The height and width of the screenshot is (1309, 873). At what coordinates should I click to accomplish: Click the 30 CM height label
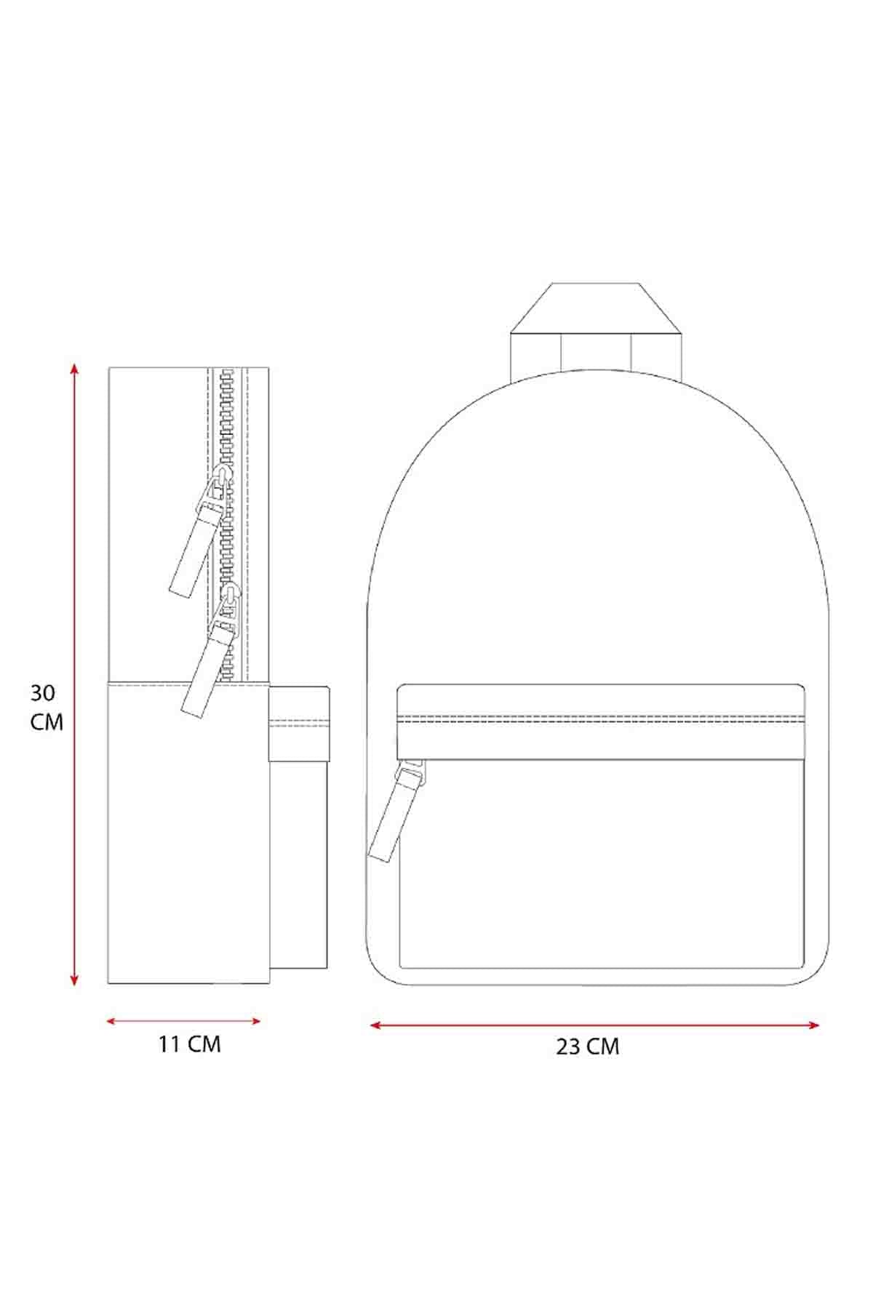pyautogui.click(x=47, y=708)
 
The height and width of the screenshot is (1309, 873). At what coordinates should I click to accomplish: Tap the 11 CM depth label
pyautogui.click(x=189, y=1044)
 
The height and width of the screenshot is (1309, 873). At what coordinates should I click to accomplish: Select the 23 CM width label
pyautogui.click(x=588, y=1046)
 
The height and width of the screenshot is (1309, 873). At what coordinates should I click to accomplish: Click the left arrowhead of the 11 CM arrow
pyautogui.click(x=111, y=1021)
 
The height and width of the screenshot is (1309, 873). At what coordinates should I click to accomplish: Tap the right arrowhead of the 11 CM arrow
pyautogui.click(x=256, y=1021)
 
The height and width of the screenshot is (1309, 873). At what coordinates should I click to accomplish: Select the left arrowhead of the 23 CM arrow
pyautogui.click(x=375, y=1025)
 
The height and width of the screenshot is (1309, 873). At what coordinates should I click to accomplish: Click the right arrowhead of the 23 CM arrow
pyautogui.click(x=814, y=1025)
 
